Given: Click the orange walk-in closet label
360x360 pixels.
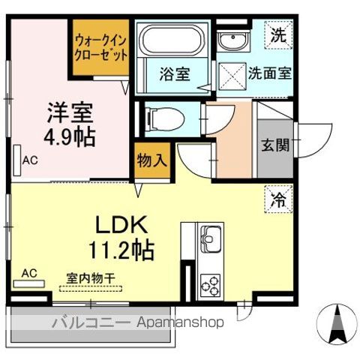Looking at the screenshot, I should pyautogui.click(x=100, y=48).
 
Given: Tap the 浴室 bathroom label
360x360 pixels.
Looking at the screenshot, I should pyautogui.click(x=174, y=74).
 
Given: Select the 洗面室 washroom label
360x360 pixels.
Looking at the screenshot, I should pyautogui.click(x=270, y=74).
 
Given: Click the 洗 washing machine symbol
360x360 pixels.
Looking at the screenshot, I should pyautogui.click(x=278, y=34).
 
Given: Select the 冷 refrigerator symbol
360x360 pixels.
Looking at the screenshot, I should pyautogui.click(x=277, y=200).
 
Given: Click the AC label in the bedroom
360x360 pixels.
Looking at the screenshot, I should pyautogui.click(x=29, y=160).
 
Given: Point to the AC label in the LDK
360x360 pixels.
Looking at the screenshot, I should pyautogui.click(x=30, y=272).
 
